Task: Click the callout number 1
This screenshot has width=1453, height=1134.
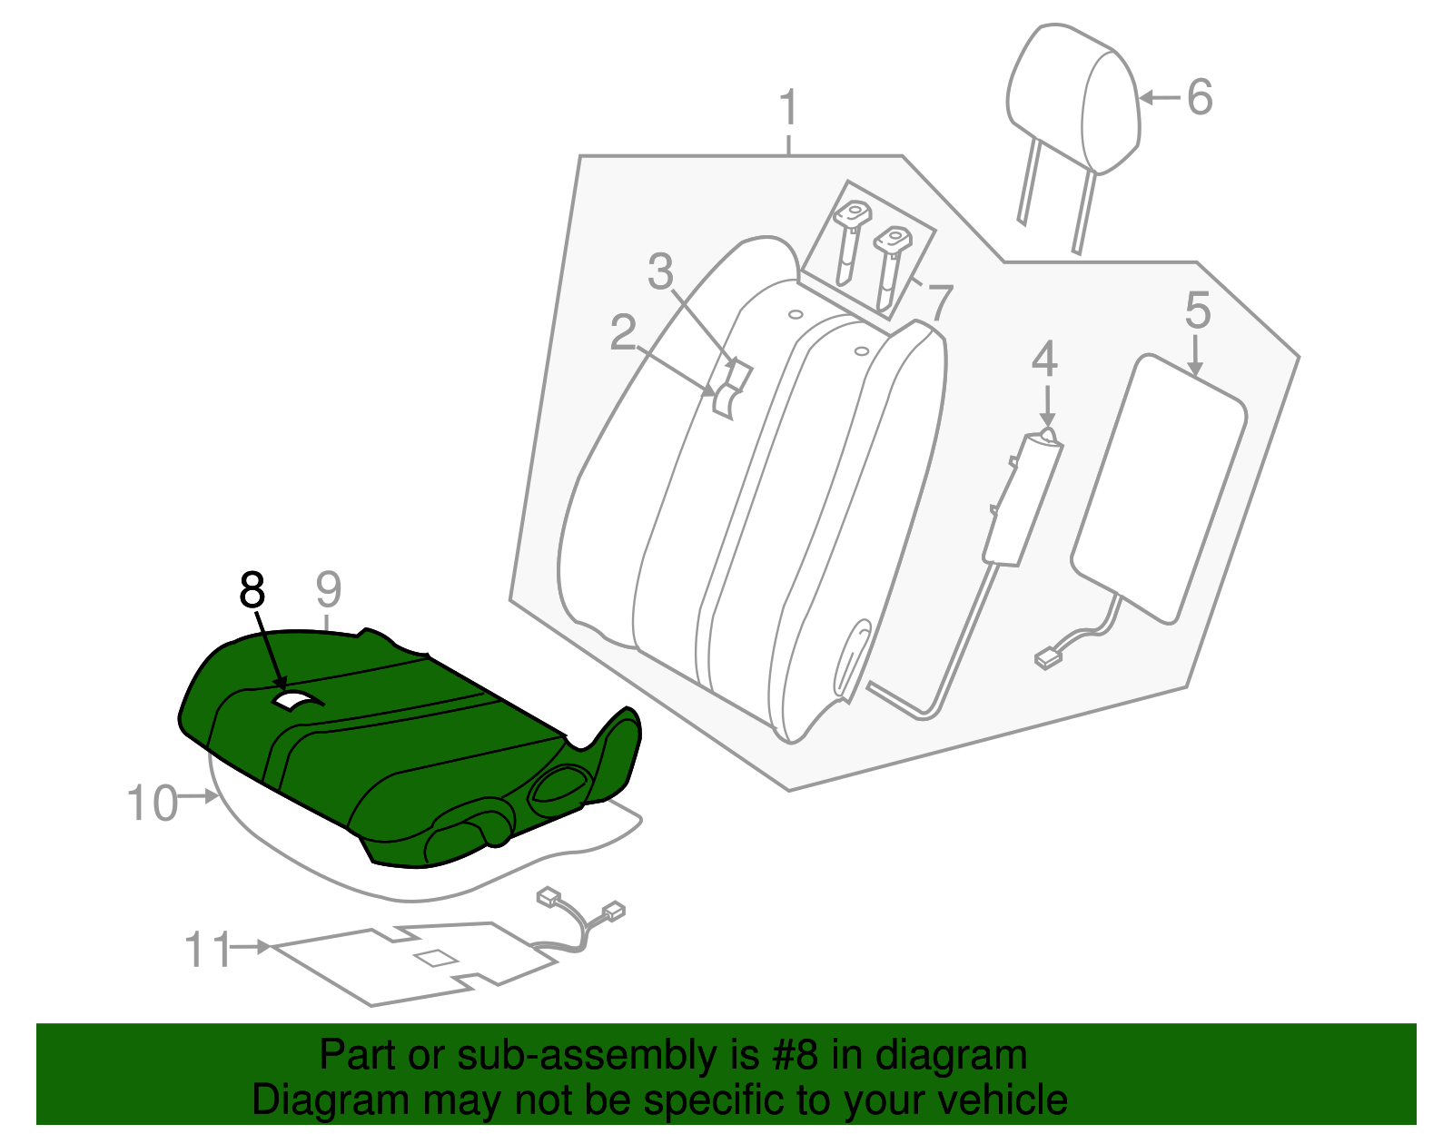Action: pyautogui.click(x=788, y=108)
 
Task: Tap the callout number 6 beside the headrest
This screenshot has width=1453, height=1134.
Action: pyautogui.click(x=1200, y=97)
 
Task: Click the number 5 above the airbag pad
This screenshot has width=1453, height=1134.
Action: pyautogui.click(x=1198, y=311)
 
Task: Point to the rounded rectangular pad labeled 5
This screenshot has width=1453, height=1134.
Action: pyautogui.click(x=1158, y=490)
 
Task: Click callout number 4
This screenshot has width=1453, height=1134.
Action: pyautogui.click(x=1044, y=360)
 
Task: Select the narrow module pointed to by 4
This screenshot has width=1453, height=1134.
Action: pyautogui.click(x=1022, y=499)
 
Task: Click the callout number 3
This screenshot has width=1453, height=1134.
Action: pyautogui.click(x=660, y=271)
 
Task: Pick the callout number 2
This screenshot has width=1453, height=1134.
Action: pyautogui.click(x=623, y=333)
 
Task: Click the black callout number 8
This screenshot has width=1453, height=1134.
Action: pyautogui.click(x=252, y=589)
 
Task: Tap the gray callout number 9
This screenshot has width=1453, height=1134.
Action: pyautogui.click(x=328, y=589)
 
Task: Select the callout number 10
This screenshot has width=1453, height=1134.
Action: pyautogui.click(x=152, y=804)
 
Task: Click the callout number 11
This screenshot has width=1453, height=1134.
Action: pyautogui.click(x=209, y=950)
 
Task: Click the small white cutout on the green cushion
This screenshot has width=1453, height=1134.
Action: pyautogui.click(x=293, y=700)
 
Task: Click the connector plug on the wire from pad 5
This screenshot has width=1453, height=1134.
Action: pyautogui.click(x=1050, y=657)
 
